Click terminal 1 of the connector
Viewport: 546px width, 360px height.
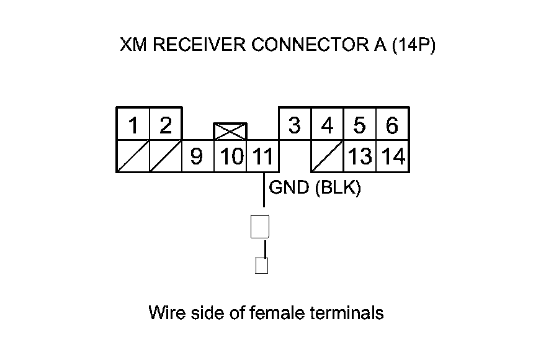[x=133, y=125]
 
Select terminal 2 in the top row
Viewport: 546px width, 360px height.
[x=165, y=125]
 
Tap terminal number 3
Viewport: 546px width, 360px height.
[x=295, y=125]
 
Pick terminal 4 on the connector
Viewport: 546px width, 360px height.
[x=327, y=125]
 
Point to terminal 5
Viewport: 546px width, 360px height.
[x=359, y=125]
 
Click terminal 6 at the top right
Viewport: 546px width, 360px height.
[x=392, y=125]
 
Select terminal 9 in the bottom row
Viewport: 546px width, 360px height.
[x=197, y=156]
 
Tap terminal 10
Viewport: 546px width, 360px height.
[x=230, y=156]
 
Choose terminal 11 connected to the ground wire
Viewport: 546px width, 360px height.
[x=263, y=156]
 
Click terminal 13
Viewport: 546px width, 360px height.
[x=360, y=156]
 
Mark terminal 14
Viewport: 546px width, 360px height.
[x=393, y=156]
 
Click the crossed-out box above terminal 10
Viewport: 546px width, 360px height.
[x=230, y=131]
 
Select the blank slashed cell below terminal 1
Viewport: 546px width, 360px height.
[x=133, y=156]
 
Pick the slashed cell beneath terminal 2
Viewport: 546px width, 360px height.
[x=165, y=156]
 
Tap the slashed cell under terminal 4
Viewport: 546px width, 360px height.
[x=327, y=156]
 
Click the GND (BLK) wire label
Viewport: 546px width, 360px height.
[x=314, y=187]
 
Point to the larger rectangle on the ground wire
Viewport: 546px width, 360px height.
[x=260, y=227]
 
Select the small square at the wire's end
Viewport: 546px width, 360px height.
[x=262, y=266]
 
